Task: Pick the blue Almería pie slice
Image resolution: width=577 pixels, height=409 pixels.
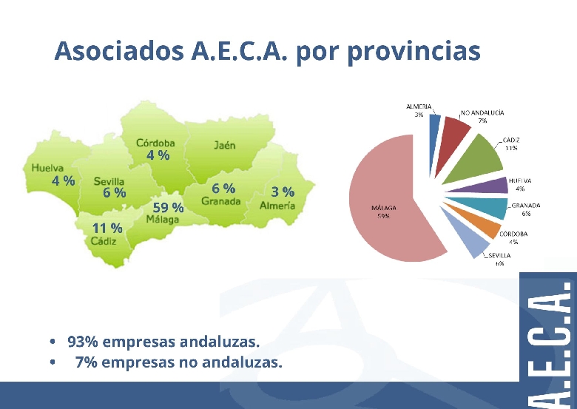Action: (x=435, y=125)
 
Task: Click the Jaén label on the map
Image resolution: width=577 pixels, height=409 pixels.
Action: (x=225, y=145)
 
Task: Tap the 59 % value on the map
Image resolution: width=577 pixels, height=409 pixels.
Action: (x=168, y=207)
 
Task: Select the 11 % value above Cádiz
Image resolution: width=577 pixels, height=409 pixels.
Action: (x=107, y=228)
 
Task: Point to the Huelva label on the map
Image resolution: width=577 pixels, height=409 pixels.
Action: (x=47, y=168)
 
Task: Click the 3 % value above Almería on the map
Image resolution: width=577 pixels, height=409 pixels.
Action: (x=283, y=192)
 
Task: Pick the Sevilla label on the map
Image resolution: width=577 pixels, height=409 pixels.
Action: (x=109, y=181)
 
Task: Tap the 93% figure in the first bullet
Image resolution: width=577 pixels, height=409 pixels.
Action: (x=83, y=342)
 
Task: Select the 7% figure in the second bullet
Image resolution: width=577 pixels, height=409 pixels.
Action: (x=86, y=362)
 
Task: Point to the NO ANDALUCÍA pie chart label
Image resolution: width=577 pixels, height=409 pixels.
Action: (x=482, y=113)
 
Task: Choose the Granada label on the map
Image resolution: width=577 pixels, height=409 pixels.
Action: (x=220, y=201)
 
